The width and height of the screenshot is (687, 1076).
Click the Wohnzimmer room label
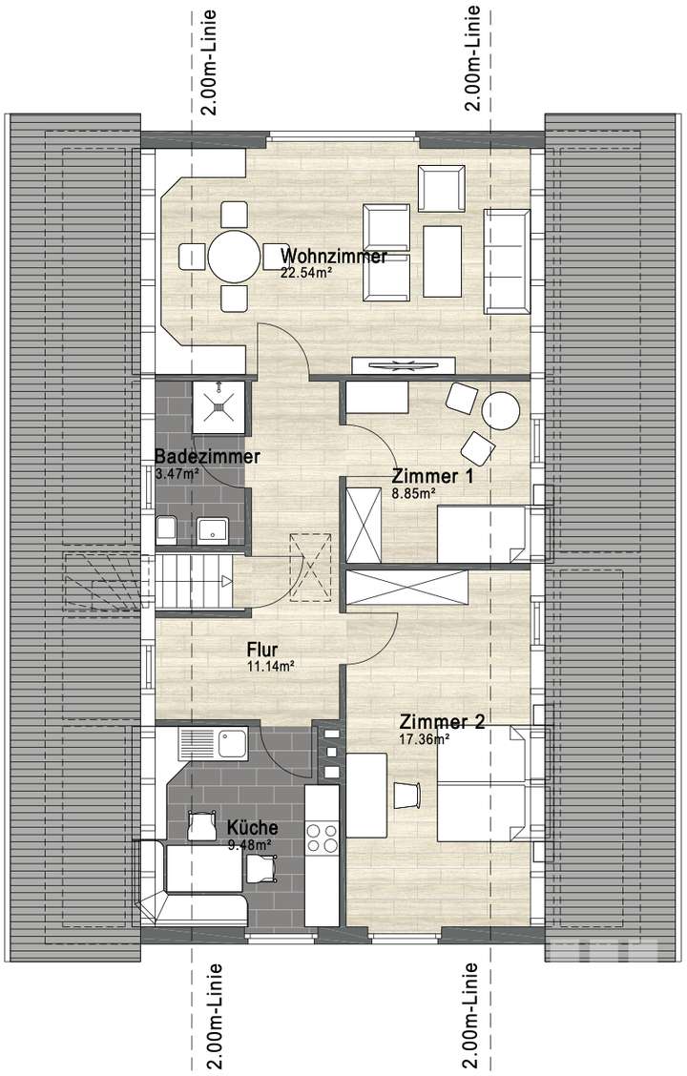[x=334, y=257]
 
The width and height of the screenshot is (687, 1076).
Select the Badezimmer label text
[x=207, y=457]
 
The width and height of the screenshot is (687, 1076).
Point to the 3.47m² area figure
[x=177, y=472]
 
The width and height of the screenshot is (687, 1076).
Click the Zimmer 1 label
[x=434, y=476]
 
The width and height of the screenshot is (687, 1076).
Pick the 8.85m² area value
[x=413, y=492]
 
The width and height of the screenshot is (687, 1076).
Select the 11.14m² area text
[x=269, y=666]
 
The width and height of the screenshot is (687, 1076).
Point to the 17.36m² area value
[x=425, y=737]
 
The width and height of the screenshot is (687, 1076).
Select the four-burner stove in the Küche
[x=322, y=837]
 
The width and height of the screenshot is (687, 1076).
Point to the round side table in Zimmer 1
[x=500, y=411]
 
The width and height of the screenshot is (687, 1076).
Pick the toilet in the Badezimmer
[x=166, y=528]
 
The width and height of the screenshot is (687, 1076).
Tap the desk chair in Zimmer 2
[x=406, y=793]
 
